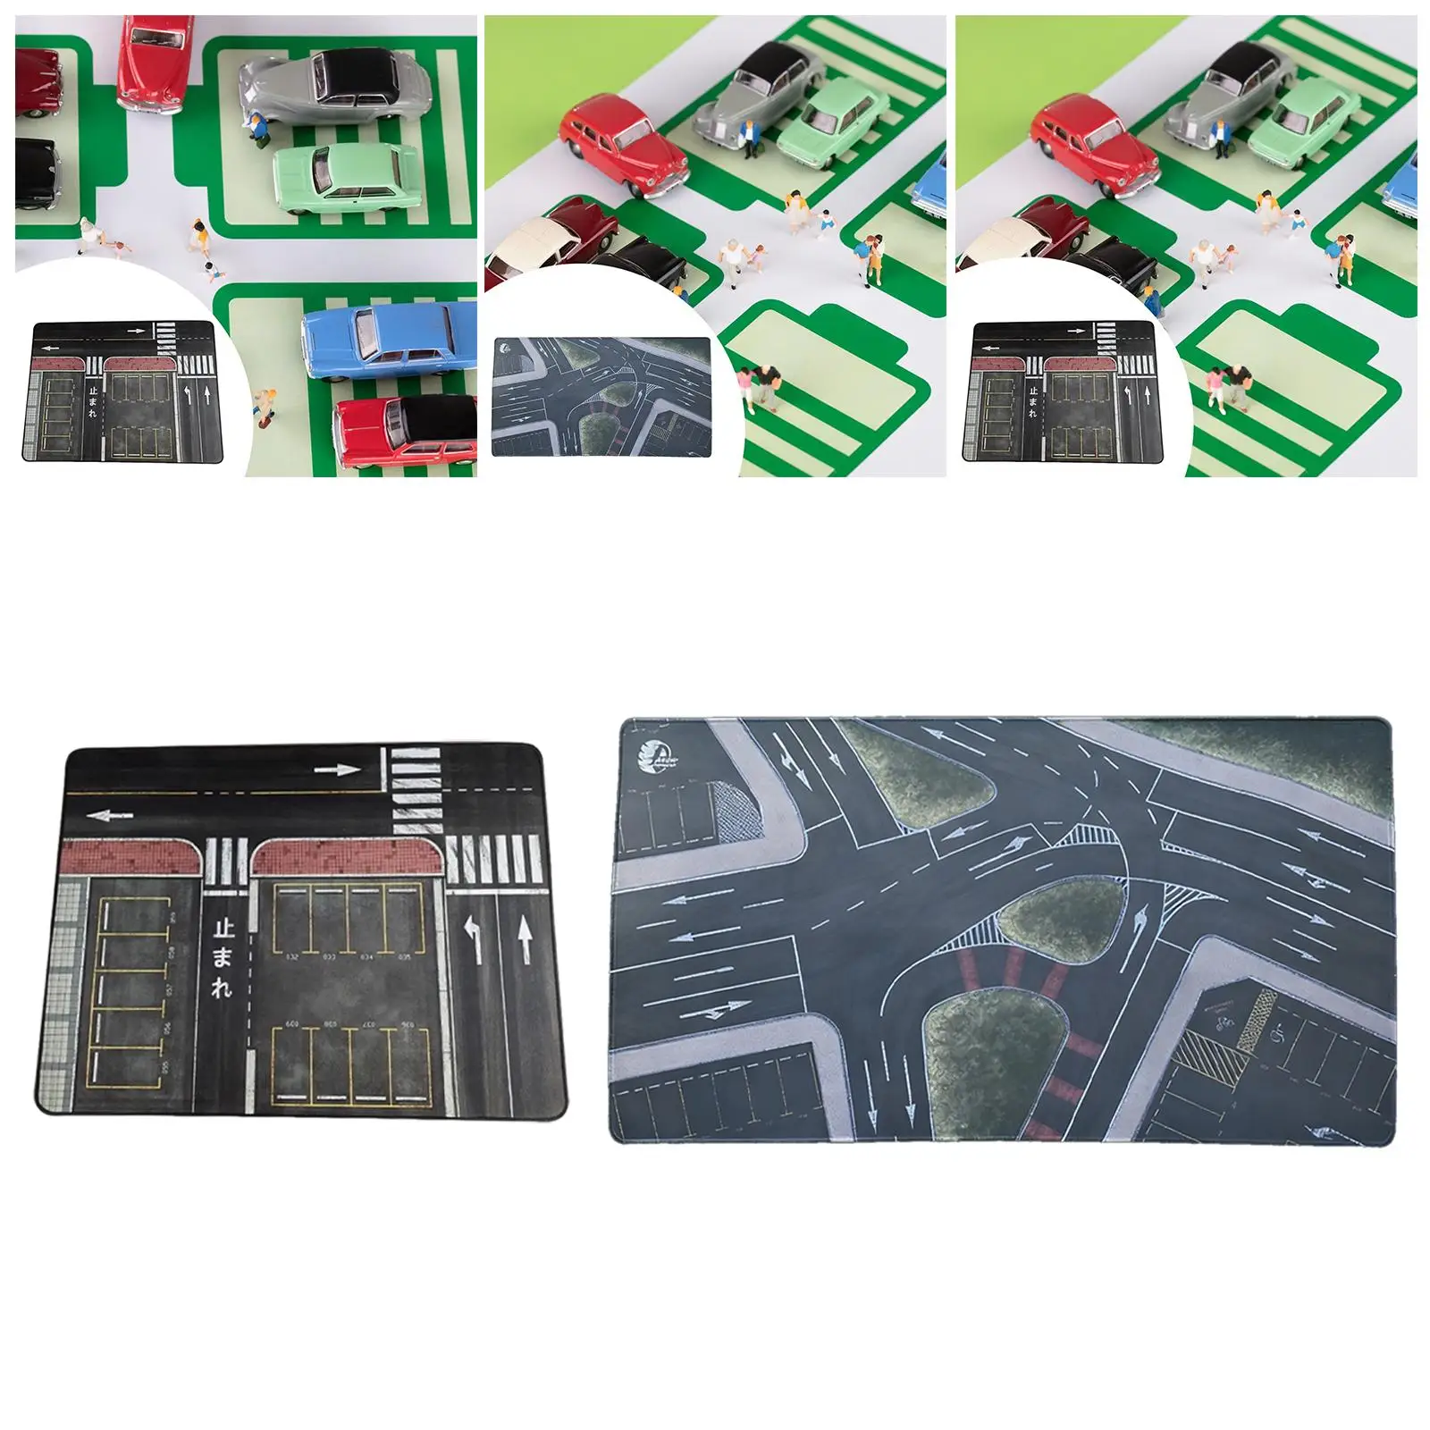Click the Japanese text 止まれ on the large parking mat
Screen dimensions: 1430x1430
coord(223,959)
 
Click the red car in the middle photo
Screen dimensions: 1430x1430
coord(623,145)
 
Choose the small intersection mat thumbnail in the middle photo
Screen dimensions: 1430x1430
coord(601,396)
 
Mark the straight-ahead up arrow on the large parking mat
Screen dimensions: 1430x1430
coord(525,940)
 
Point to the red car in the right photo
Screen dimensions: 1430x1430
coord(1095,146)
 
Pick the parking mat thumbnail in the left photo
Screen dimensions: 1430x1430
coord(123,391)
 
